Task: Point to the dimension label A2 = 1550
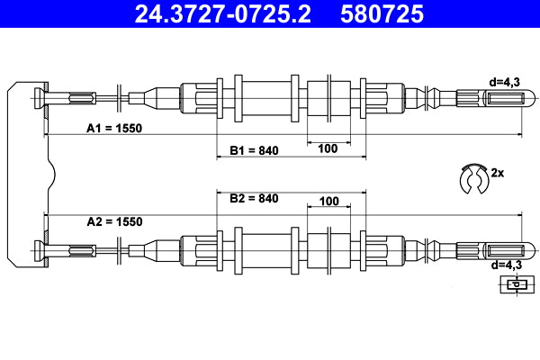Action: [x=114, y=221]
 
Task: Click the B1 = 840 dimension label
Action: [x=254, y=149]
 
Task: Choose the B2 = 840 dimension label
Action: [x=254, y=198]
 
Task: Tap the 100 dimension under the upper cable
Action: [x=328, y=149]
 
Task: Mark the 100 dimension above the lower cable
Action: [x=328, y=201]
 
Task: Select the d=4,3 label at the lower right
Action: [x=505, y=265]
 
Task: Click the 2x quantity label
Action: [x=498, y=171]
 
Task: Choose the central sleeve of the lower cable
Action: [x=270, y=249]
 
